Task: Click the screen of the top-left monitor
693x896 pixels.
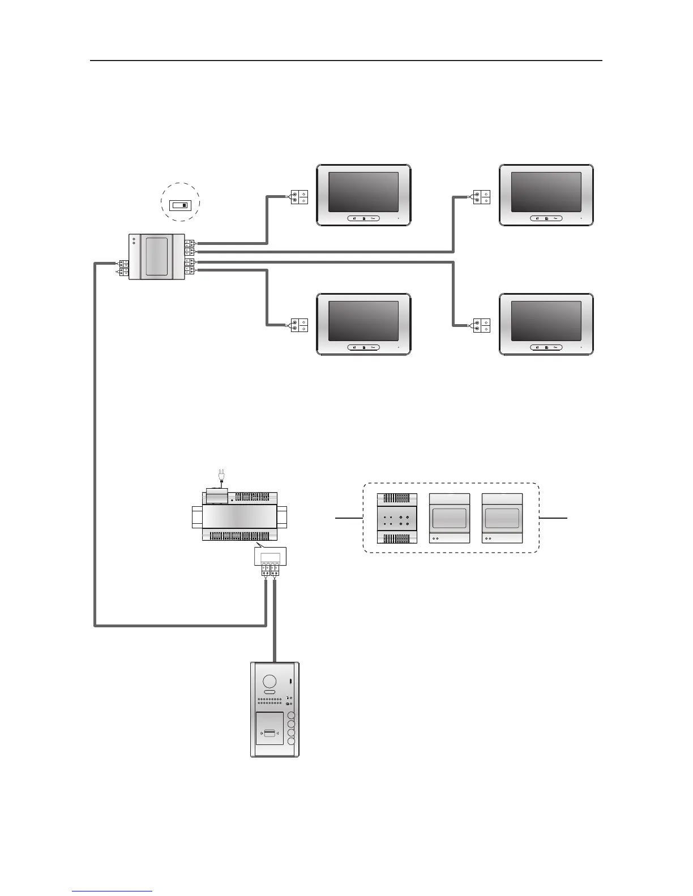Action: click(363, 192)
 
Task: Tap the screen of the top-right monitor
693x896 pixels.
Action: click(546, 192)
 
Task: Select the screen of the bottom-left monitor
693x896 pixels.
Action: click(363, 321)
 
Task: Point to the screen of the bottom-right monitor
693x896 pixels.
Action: click(546, 321)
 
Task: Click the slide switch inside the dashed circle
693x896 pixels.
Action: click(181, 204)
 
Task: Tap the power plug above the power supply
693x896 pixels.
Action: click(221, 475)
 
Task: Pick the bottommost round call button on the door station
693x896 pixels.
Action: click(292, 740)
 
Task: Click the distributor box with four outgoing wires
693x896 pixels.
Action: click(157, 256)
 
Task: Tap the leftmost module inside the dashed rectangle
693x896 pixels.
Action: click(397, 519)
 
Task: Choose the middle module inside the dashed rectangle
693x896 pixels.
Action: click(450, 519)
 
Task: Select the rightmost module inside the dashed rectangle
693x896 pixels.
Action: click(502, 519)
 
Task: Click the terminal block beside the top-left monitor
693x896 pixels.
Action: click(299, 197)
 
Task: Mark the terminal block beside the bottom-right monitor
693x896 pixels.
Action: click(482, 326)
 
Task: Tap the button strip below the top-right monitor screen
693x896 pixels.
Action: click(546, 218)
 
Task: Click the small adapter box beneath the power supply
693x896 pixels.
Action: click(270, 557)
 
